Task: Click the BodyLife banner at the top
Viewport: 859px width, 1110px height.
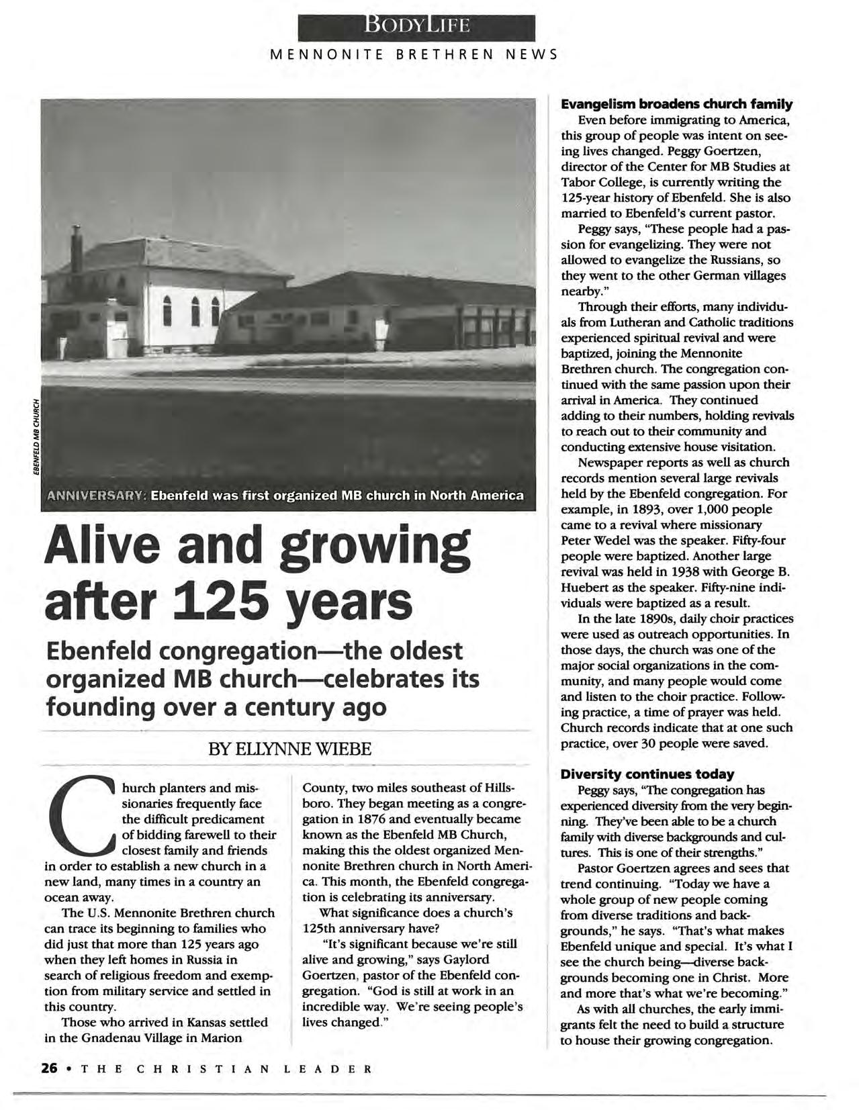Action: click(x=417, y=27)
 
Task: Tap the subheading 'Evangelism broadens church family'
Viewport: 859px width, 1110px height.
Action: click(x=677, y=104)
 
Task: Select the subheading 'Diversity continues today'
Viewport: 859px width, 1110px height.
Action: click(x=647, y=774)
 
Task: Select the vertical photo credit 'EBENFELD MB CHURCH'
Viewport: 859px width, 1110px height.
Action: click(x=39, y=436)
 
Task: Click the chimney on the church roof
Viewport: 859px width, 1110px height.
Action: click(x=77, y=249)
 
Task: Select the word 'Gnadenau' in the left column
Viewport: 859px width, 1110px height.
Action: click(x=130, y=1037)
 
